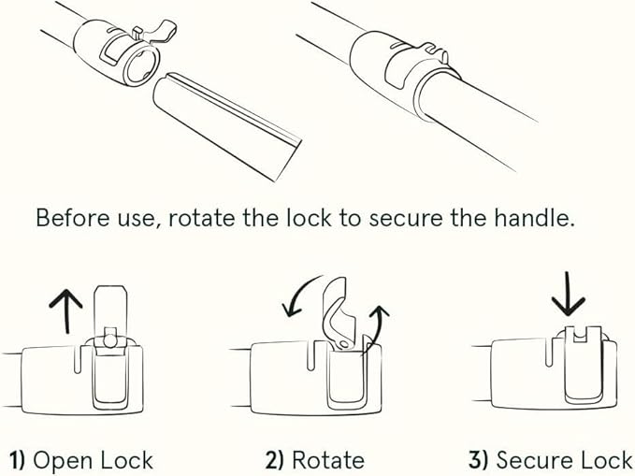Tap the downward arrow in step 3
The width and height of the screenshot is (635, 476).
pyautogui.click(x=568, y=295)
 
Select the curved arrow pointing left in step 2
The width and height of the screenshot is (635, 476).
pyautogui.click(x=299, y=295)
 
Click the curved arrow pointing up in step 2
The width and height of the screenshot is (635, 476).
pyautogui.click(x=377, y=329)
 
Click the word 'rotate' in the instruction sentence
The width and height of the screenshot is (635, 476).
pyautogui.click(x=201, y=218)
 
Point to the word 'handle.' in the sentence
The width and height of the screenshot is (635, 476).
pyautogui.click(x=534, y=218)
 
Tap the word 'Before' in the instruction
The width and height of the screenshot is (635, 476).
pyautogui.click(x=73, y=218)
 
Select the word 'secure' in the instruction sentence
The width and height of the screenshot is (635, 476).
pyautogui.click(x=406, y=219)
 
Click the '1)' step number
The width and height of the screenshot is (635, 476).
pyautogui.click(x=17, y=461)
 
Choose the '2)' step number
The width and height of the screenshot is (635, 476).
pyautogui.click(x=275, y=461)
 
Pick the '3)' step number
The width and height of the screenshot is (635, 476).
pyautogui.click(x=479, y=461)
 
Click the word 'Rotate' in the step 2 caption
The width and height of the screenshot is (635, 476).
pyautogui.click(x=328, y=461)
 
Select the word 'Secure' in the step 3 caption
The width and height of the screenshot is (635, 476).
pyautogui.click(x=533, y=461)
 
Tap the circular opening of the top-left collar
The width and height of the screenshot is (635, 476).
pyautogui.click(x=140, y=66)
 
